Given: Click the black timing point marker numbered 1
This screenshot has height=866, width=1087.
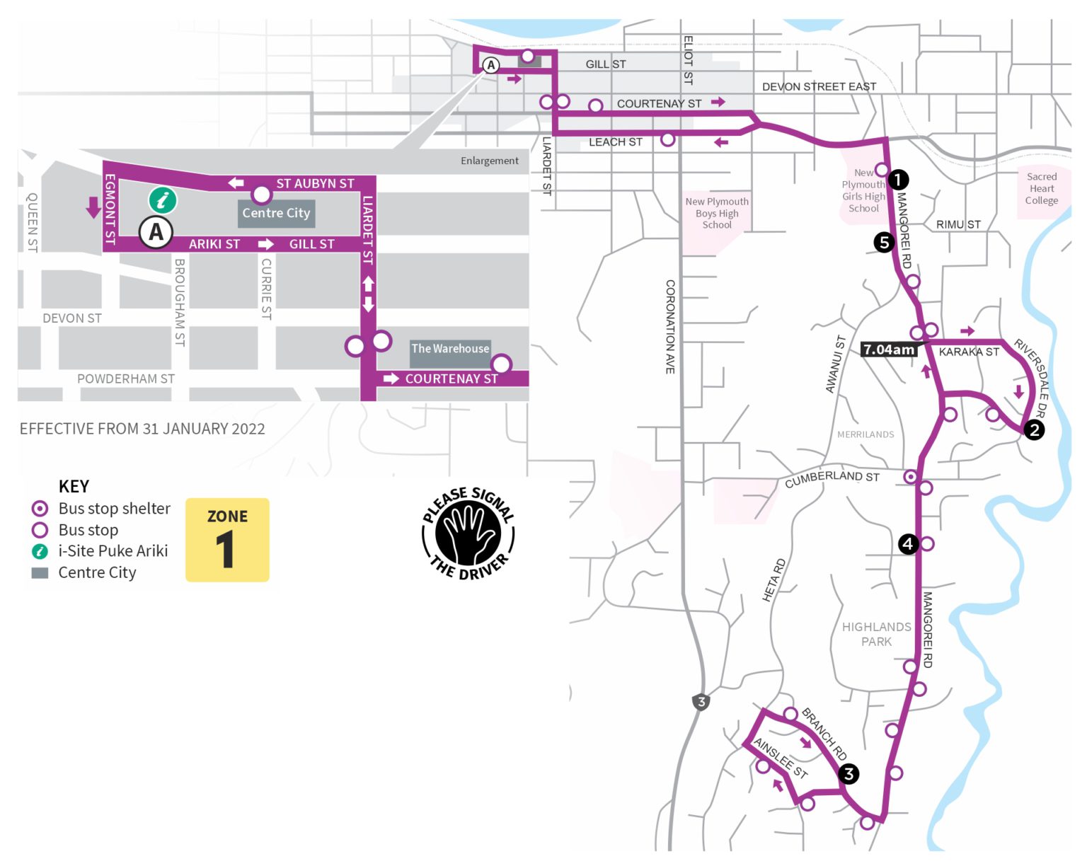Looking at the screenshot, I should click(897, 180).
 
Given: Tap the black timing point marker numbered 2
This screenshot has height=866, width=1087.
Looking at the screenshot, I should click(1034, 429).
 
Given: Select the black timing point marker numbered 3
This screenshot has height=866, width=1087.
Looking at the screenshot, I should click(849, 774).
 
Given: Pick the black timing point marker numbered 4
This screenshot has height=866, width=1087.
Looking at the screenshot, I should click(908, 544).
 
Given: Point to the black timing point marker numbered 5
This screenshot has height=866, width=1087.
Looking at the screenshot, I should click(883, 243).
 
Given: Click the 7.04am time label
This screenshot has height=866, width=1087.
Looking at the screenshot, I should click(889, 350).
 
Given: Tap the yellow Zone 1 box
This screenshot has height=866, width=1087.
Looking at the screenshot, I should click(227, 540).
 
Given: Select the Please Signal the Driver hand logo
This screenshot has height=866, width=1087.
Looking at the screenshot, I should click(468, 533).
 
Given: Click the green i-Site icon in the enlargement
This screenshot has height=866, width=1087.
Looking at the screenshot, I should click(163, 200).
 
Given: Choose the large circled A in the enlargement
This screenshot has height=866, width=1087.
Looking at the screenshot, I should click(156, 232).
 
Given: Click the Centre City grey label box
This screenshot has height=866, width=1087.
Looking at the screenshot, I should click(276, 213).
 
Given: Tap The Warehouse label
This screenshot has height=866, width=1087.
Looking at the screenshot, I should click(450, 349).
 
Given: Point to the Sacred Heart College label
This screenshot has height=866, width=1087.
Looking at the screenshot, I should click(1042, 189).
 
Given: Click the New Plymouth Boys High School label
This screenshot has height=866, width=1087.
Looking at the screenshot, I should click(717, 213).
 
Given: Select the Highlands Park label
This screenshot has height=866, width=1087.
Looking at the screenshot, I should click(876, 634).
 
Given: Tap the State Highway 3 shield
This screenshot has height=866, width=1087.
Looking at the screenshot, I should click(701, 702).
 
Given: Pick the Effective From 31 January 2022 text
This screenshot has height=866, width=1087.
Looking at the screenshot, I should click(142, 429).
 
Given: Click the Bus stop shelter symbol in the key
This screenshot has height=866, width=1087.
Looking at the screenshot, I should click(40, 509).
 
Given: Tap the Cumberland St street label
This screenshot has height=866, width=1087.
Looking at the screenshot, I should click(832, 479).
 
